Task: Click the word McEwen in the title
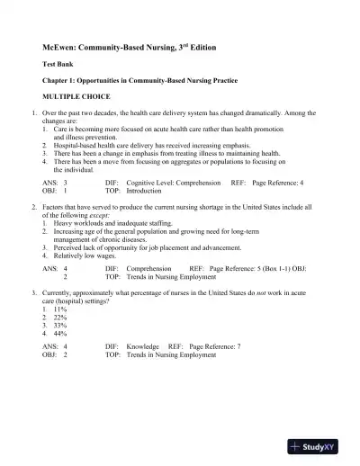[x=60, y=46]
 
